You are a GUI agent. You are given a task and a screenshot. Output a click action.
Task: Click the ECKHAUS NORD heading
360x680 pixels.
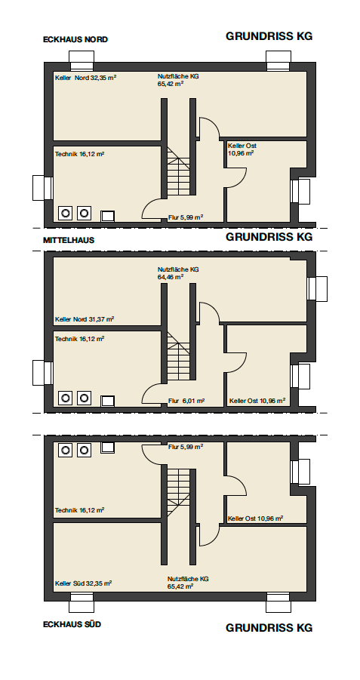point(75,39)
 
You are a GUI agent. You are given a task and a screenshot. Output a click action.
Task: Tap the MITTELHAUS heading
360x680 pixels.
point(69,240)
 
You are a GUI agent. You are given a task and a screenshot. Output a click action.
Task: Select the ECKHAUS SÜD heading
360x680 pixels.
point(72,624)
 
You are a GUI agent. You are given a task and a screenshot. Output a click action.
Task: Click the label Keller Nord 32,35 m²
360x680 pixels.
point(86,78)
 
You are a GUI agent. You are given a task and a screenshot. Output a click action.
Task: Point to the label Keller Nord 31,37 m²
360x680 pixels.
point(85,319)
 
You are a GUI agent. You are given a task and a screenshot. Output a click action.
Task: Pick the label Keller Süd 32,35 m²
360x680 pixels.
point(83,583)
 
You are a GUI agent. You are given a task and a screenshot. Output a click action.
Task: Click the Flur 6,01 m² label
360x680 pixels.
point(186,402)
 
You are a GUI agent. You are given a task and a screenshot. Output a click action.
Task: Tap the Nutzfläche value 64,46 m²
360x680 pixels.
point(171,277)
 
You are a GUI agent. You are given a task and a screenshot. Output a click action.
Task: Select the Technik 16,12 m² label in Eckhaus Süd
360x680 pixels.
point(79,510)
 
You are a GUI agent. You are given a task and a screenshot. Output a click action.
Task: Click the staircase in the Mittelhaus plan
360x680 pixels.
point(179,356)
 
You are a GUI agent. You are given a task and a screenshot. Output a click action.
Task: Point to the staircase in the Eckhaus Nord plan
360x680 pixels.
point(179,171)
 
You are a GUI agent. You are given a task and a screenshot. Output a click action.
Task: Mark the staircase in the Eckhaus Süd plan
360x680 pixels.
point(179,493)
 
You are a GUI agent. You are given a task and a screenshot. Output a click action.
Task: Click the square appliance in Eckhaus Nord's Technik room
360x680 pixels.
point(108,216)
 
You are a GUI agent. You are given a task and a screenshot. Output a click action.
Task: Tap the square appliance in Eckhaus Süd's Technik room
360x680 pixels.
point(108,448)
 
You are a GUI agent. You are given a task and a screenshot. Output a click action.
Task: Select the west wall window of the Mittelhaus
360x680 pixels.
point(42,373)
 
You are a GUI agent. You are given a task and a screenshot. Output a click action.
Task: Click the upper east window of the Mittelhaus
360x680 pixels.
point(317,288)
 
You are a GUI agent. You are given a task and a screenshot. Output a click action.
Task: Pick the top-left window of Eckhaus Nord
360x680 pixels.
point(82,60)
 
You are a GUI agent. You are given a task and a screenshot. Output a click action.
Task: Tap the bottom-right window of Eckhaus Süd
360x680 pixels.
point(278,602)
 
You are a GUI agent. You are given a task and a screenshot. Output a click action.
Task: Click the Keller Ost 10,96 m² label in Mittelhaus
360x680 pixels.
point(257,402)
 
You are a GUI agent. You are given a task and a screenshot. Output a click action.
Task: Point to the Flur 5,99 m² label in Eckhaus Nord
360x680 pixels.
point(186,217)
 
